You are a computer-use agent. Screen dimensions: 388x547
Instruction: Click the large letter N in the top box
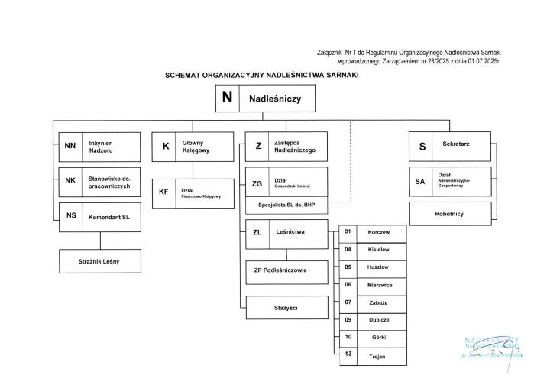tap(227, 98)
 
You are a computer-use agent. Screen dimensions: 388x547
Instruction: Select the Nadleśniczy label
tap(275, 99)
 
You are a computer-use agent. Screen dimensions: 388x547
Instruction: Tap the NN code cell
tap(70, 146)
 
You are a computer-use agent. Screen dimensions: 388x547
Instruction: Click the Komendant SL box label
tap(110, 216)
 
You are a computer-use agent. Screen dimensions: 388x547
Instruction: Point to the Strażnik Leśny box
tap(99, 261)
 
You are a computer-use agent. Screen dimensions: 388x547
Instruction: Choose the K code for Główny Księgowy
tap(165, 147)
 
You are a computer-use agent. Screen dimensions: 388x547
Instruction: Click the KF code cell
tap(163, 192)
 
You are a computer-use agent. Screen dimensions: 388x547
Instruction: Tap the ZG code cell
tap(257, 183)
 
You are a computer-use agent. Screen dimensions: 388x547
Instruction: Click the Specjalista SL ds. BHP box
tap(286, 205)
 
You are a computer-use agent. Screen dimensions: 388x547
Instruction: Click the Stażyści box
tap(286, 307)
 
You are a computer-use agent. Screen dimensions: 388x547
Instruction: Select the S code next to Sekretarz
tap(422, 147)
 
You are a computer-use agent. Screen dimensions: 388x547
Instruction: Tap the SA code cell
tap(420, 182)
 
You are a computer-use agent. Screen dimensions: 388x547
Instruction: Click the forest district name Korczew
tap(378, 231)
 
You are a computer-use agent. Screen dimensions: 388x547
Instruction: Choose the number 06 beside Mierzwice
tap(348, 284)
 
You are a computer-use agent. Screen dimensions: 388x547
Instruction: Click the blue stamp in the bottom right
tap(491, 348)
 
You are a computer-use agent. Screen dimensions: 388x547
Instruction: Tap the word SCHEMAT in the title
tap(186, 76)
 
